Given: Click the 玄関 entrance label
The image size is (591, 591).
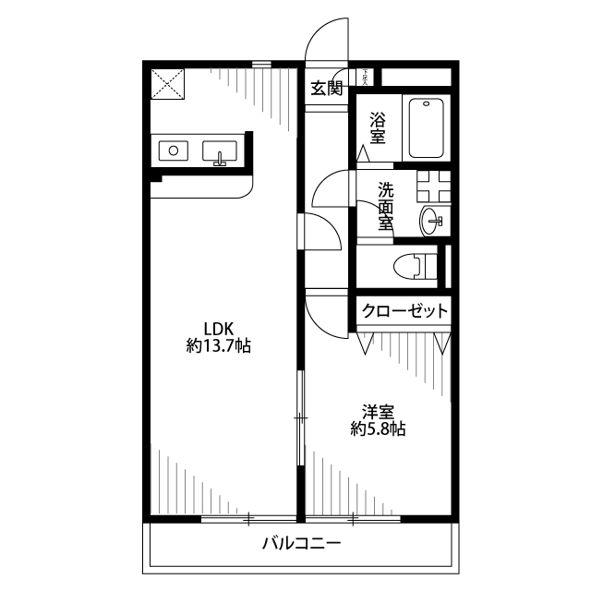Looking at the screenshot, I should tap(326, 89).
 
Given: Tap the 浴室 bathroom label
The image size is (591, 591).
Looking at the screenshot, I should tap(378, 127).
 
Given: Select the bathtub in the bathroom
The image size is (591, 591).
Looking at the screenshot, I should tap(427, 127).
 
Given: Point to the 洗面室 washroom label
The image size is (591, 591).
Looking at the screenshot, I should tap(386, 205).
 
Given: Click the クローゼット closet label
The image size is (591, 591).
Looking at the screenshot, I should tap(404, 311).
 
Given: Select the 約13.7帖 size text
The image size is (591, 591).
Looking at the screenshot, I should tap(219, 347).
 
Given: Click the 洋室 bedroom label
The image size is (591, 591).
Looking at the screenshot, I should tap(378, 410).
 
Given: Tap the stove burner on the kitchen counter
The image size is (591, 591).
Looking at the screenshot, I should tap(173, 150).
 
